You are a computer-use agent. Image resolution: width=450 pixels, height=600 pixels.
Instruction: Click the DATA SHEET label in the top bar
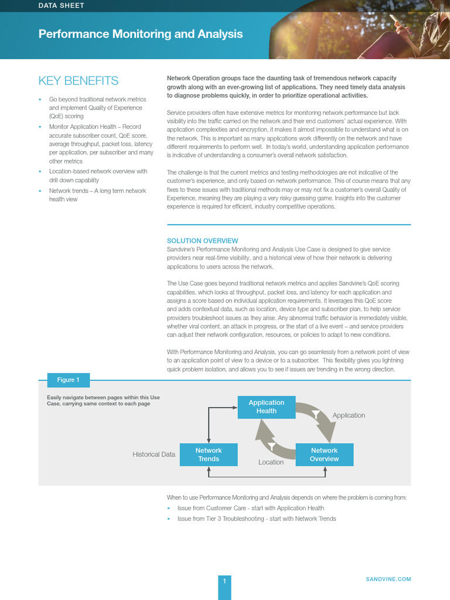(x=61, y=5)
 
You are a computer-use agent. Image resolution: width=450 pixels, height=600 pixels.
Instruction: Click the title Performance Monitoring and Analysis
(x=140, y=34)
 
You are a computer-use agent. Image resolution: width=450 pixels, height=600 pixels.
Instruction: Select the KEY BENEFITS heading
(x=78, y=81)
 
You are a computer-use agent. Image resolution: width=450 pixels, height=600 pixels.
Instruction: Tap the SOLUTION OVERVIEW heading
(x=202, y=241)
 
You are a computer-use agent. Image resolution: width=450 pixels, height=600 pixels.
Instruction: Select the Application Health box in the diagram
(x=266, y=407)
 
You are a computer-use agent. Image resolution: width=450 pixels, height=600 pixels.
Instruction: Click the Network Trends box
(x=209, y=455)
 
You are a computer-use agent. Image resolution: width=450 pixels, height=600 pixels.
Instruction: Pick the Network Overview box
(x=324, y=455)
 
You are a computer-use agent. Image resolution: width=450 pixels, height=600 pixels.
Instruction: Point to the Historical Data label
(x=154, y=454)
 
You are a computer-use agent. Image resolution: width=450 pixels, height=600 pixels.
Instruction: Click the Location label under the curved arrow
(x=271, y=462)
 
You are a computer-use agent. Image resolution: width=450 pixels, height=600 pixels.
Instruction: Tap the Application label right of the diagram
(x=349, y=415)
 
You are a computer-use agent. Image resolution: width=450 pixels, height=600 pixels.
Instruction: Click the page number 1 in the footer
(x=224, y=581)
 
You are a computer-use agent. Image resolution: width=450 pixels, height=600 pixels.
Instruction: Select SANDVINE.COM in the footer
(x=388, y=579)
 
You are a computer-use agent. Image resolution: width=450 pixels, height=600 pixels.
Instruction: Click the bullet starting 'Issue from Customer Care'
(x=250, y=508)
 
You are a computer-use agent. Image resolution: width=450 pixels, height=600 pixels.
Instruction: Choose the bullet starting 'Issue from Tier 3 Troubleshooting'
(x=256, y=519)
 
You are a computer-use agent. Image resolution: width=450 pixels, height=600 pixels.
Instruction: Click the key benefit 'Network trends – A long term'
(x=97, y=195)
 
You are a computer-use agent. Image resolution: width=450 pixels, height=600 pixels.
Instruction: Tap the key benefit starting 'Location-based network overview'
(x=98, y=176)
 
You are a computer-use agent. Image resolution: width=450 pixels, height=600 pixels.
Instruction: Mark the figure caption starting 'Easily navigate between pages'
(x=103, y=400)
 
